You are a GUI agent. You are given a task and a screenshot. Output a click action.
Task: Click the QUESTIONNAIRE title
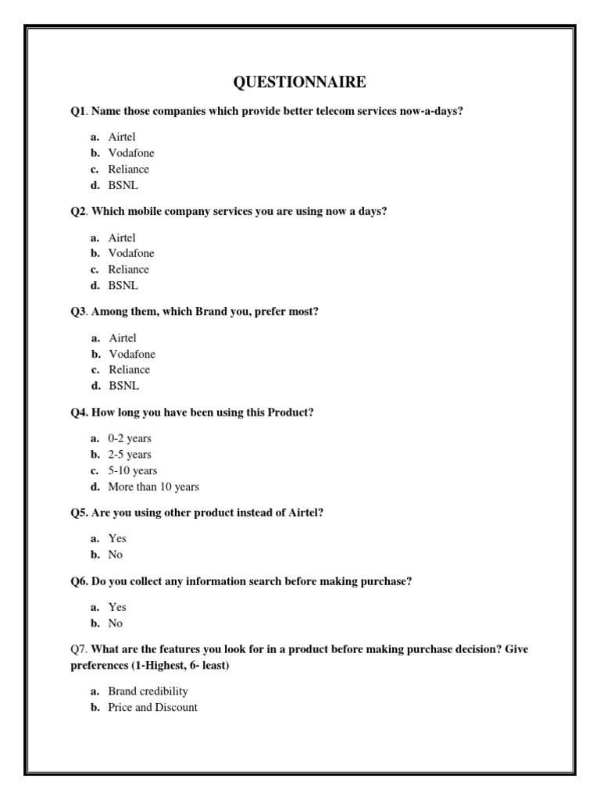(300, 82)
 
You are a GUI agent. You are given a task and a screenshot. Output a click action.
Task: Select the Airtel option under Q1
(122, 137)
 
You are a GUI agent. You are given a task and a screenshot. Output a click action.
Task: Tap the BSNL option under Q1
(123, 185)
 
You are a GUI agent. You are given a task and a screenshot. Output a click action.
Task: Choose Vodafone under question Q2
(131, 253)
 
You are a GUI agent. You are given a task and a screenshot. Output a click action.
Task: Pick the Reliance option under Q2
(128, 270)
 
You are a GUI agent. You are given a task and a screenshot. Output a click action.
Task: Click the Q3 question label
(79, 312)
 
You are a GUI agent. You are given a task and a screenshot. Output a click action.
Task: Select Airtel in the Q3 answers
(122, 338)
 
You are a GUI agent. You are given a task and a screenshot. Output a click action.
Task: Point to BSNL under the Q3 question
(123, 386)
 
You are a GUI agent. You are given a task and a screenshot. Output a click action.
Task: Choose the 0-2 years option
(130, 438)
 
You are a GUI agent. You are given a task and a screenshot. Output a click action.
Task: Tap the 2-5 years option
(130, 455)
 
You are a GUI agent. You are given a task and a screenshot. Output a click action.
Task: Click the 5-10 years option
(133, 471)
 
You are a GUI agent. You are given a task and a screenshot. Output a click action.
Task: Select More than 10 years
(153, 487)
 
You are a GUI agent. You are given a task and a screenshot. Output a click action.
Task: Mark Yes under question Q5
(117, 538)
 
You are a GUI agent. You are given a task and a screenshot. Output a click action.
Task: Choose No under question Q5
(116, 555)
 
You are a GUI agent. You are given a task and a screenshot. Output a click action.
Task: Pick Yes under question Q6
(117, 607)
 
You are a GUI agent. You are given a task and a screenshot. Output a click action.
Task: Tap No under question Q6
(116, 623)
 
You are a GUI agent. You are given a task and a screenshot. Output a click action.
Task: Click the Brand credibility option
(148, 691)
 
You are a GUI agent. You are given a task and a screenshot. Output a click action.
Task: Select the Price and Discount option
(152, 707)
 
